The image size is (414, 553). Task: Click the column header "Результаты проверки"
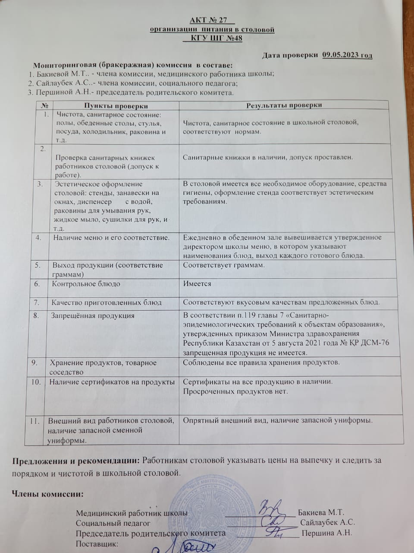pyautogui.click(x=284, y=105)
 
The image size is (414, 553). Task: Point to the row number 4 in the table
pyautogui.click(x=39, y=237)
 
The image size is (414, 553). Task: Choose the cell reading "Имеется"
pyautogui.click(x=197, y=283)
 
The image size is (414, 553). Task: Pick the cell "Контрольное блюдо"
pyautogui.click(x=86, y=284)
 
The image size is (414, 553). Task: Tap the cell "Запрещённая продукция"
pyautogui.click(x=93, y=315)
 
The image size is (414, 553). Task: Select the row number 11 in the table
pyautogui.click(x=36, y=420)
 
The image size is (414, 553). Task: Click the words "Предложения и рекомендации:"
pyautogui.click(x=75, y=461)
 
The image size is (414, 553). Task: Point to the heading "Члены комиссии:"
pyautogui.click(x=47, y=494)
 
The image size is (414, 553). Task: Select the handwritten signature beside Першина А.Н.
pyautogui.click(x=273, y=532)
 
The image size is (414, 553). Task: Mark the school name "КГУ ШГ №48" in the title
pyautogui.click(x=212, y=38)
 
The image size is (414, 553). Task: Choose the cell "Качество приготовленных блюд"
pyautogui.click(x=107, y=302)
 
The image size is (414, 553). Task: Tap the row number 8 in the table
pyautogui.click(x=38, y=315)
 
